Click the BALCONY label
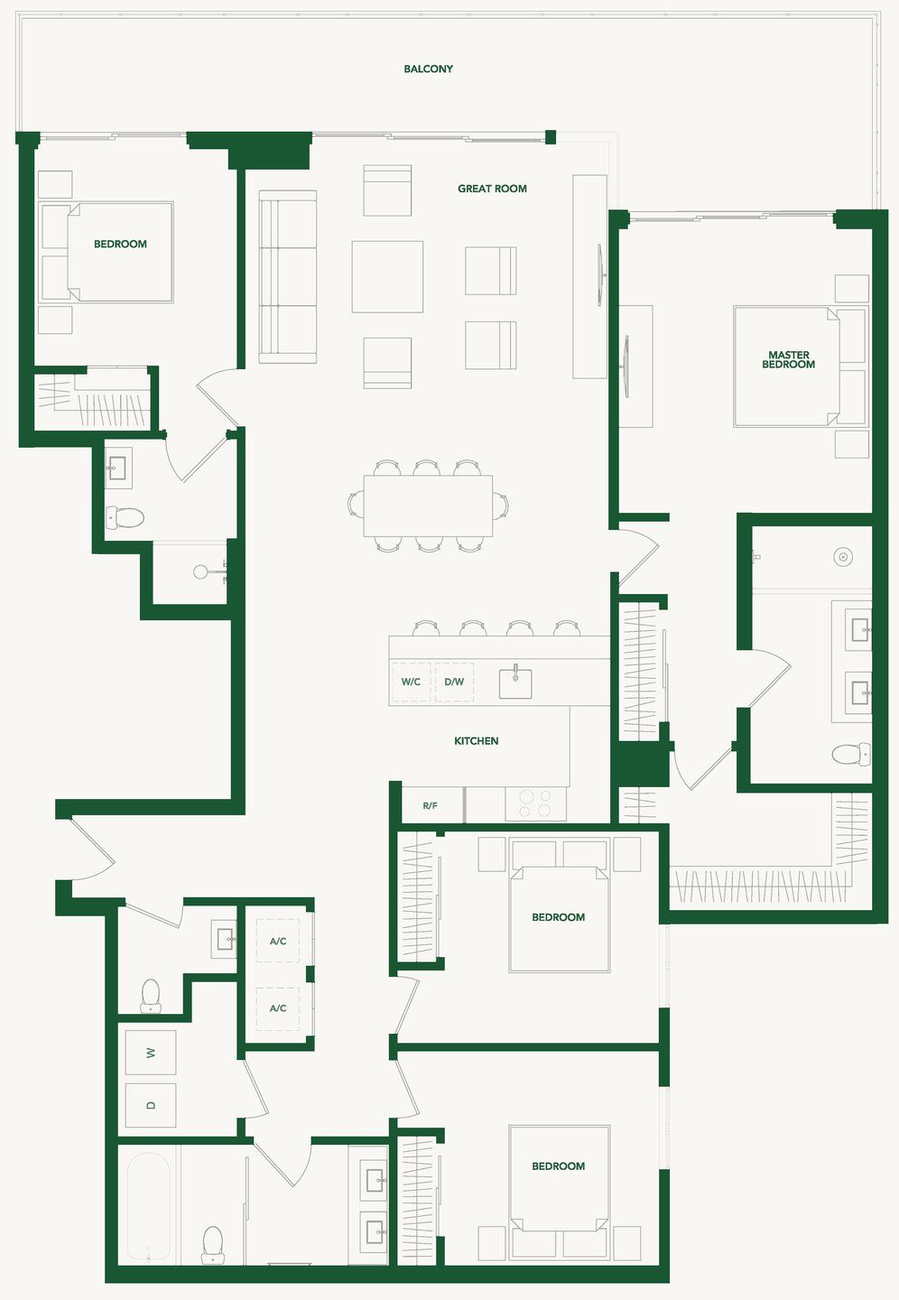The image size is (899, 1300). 428,70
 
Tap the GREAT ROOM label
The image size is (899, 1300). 492,189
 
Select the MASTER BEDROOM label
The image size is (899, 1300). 788,360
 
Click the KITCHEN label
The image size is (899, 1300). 476,741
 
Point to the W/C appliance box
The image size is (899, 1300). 411,682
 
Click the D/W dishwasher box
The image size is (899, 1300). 454,682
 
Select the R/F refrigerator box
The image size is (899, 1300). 431,805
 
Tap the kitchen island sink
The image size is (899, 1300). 515,682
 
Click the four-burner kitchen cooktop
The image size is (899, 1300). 535,803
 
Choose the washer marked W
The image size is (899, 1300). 151,1053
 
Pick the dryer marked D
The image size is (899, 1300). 151,1105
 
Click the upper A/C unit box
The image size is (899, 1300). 278,941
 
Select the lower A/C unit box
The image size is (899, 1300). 278,1008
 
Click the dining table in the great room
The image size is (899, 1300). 428,506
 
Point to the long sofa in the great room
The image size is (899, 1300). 287,277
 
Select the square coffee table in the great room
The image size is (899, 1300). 387,276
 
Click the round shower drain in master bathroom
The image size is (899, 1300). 843,557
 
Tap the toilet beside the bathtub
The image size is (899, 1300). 213,1244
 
